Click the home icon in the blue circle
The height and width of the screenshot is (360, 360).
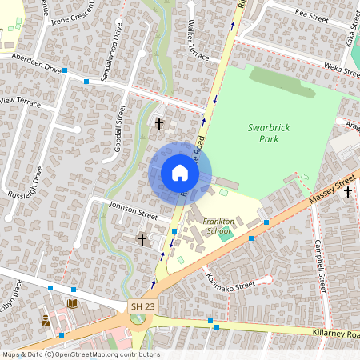coord(180,173)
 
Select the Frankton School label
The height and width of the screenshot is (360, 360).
coord(218,226)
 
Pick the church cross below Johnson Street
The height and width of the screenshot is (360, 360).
coord(142,238)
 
